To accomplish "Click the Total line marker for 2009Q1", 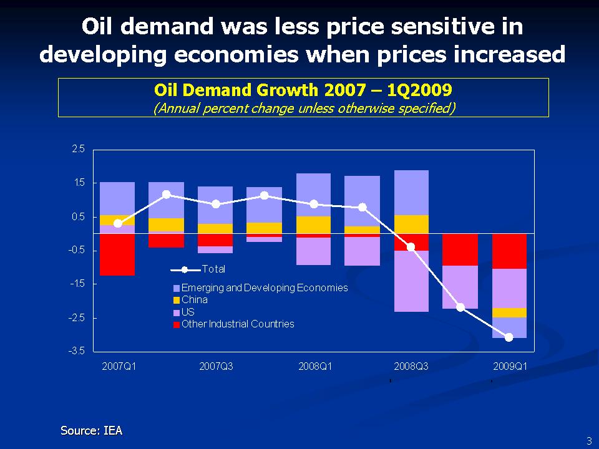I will pyautogui.click(x=509, y=337).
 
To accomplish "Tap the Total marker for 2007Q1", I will pyautogui.click(x=118, y=223).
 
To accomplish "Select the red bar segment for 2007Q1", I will pyautogui.click(x=117, y=254).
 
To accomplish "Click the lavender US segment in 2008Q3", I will pyautogui.click(x=411, y=281).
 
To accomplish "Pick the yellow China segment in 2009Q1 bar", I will pyautogui.click(x=509, y=312).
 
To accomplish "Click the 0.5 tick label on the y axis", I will pyautogui.click(x=78, y=216).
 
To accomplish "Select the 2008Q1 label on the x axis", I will pyautogui.click(x=315, y=366).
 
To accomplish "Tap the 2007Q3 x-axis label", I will pyautogui.click(x=216, y=366).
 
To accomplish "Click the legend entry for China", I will pyautogui.click(x=194, y=300).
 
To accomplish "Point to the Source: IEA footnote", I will pyautogui.click(x=91, y=430).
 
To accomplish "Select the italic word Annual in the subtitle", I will pyautogui.click(x=176, y=108).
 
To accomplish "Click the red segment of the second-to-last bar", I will pyautogui.click(x=460, y=249).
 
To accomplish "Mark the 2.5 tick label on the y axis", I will pyautogui.click(x=78, y=149).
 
